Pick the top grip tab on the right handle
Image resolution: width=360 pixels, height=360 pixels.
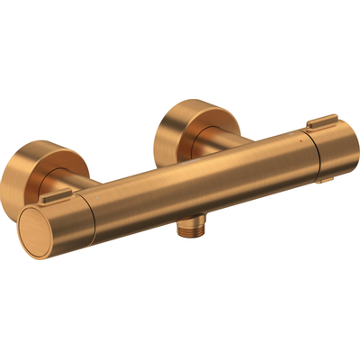pos(321,121)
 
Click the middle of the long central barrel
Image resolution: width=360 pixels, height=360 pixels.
pos(193,184)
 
